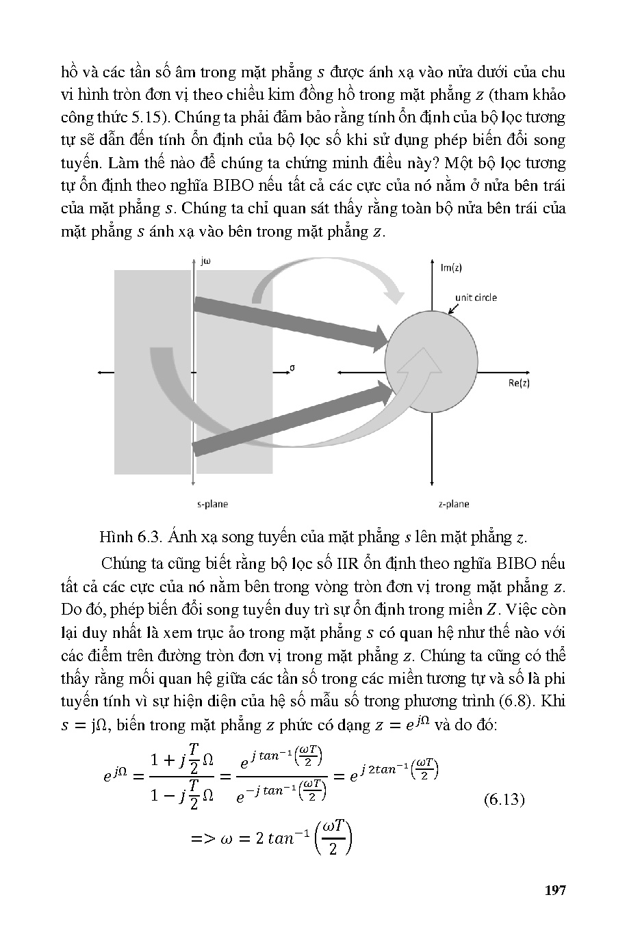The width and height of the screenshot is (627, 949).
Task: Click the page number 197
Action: click(554, 890)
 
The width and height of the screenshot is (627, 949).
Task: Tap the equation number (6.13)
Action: click(503, 799)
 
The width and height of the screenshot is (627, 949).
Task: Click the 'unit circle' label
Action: click(476, 297)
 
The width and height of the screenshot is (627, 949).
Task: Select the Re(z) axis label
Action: click(519, 383)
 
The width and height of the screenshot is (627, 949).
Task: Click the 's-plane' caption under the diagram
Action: click(212, 504)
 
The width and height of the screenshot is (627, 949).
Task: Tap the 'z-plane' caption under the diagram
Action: click(454, 504)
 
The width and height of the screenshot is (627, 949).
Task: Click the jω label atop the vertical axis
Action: click(205, 260)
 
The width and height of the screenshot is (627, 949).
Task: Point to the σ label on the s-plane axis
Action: click(292, 367)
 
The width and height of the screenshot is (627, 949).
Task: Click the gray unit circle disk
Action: click(431, 362)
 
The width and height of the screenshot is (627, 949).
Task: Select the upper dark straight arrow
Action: click(287, 322)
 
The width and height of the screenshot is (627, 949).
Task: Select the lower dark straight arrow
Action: click(287, 418)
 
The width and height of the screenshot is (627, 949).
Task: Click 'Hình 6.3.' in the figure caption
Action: click(125, 537)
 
